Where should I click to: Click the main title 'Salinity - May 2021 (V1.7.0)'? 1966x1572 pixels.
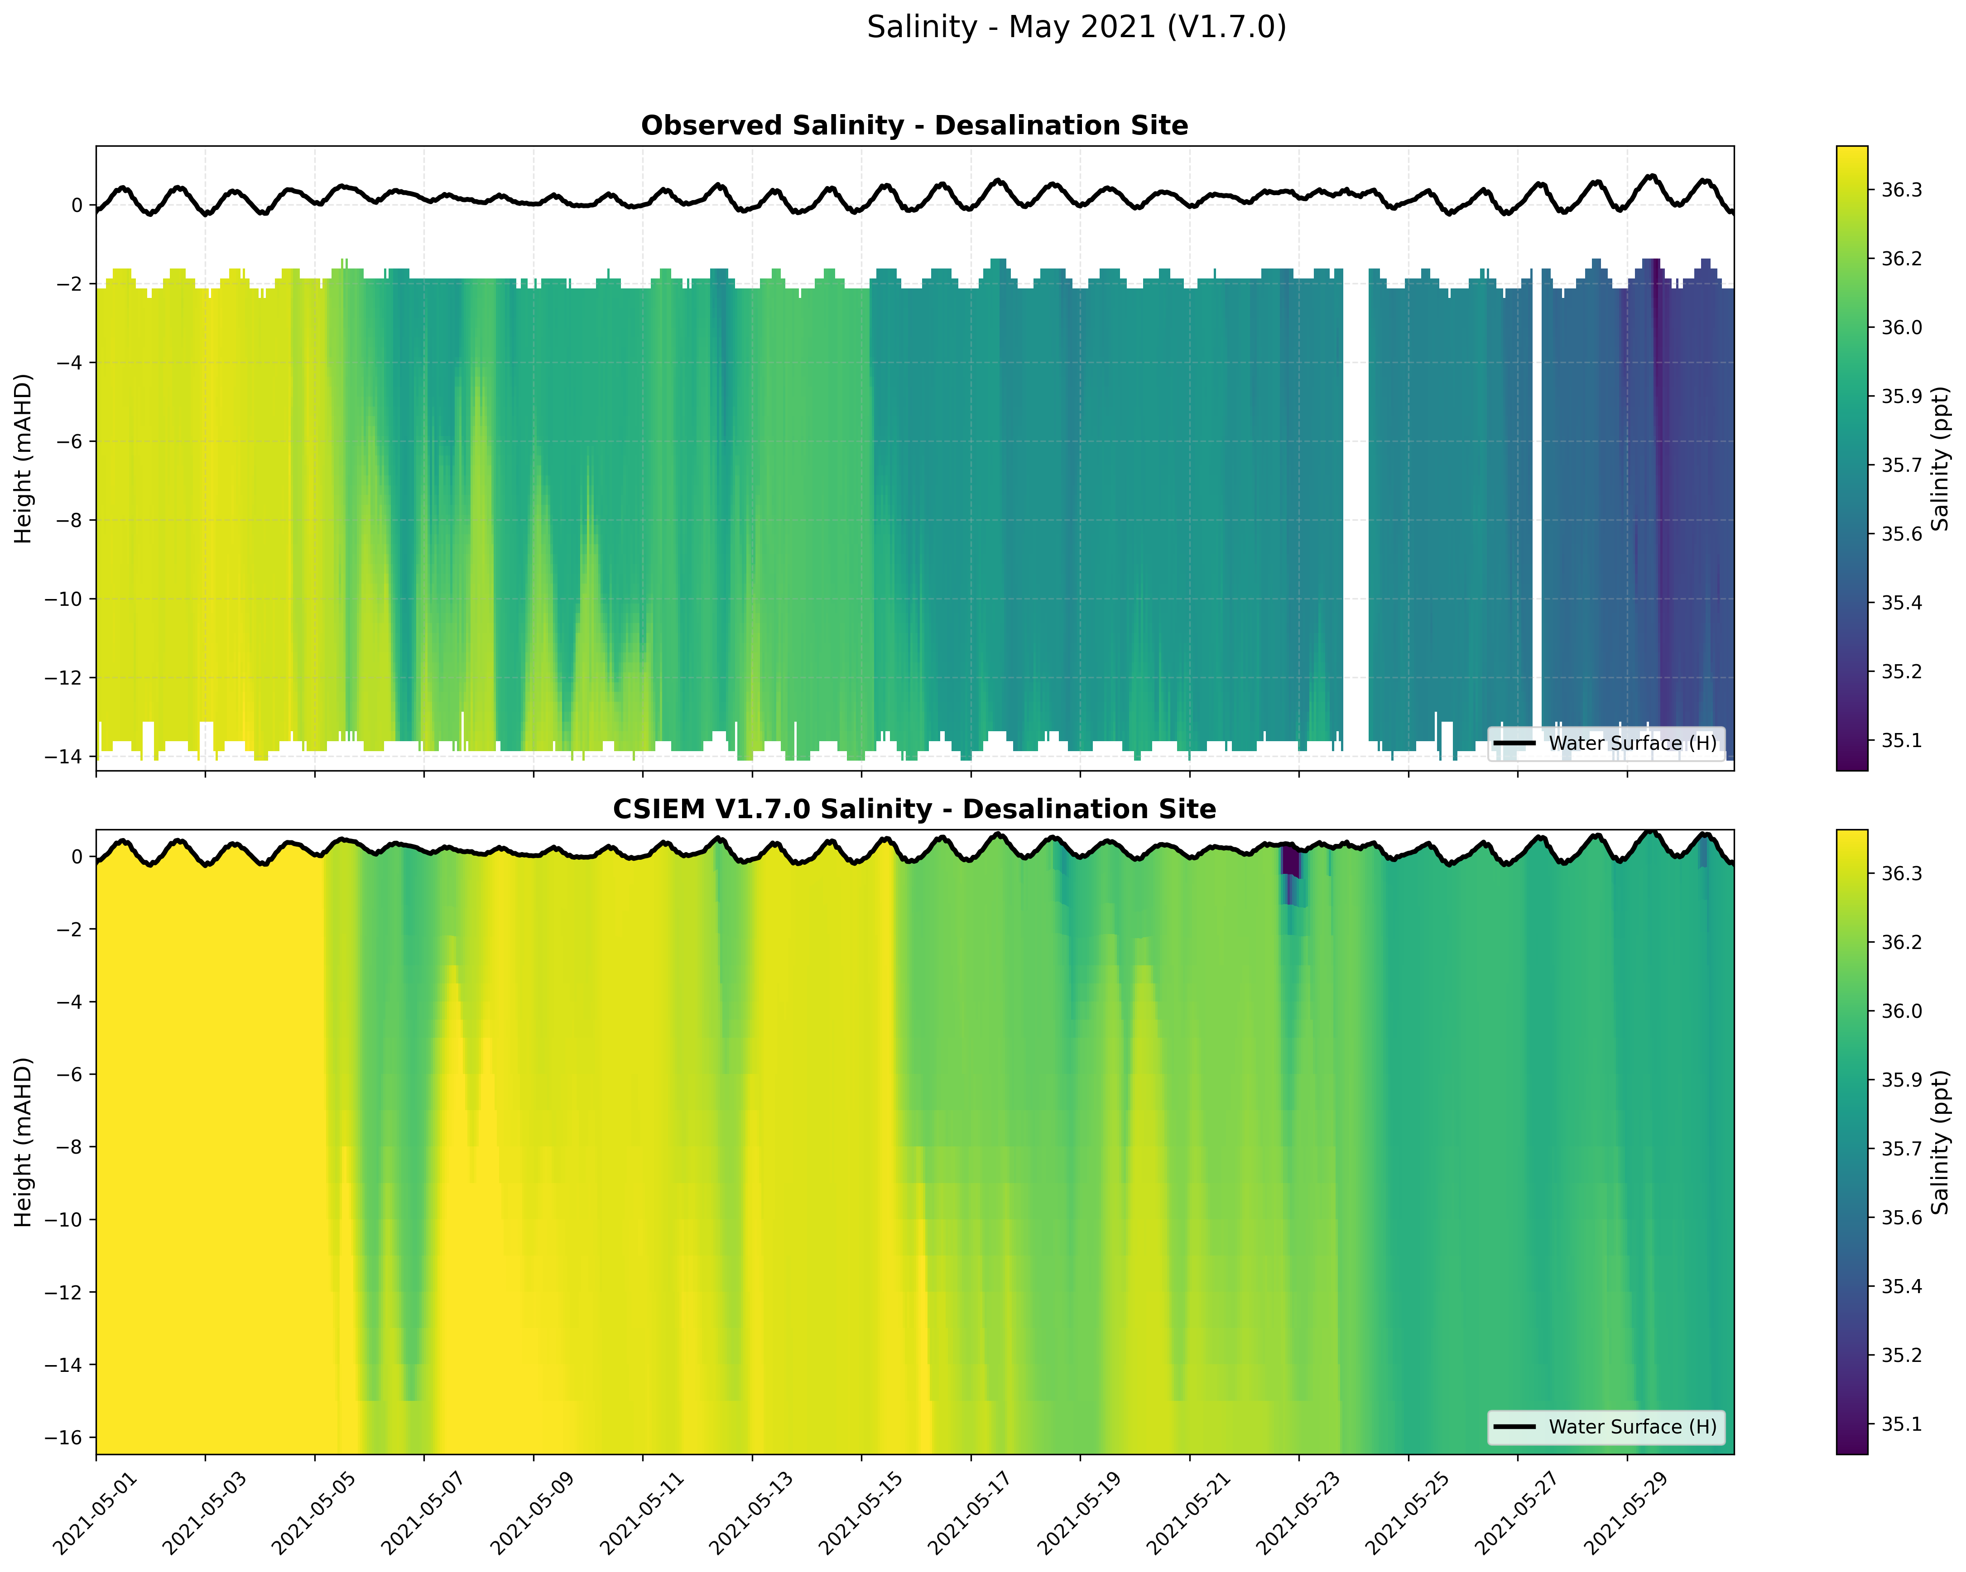pyautogui.click(x=1076, y=27)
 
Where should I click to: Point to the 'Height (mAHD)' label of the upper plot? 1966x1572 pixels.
pyautogui.click(x=24, y=458)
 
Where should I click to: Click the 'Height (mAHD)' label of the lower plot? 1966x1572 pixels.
pyautogui.click(x=24, y=1141)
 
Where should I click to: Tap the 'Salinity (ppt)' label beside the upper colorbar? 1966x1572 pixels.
pyautogui.click(x=1941, y=458)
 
